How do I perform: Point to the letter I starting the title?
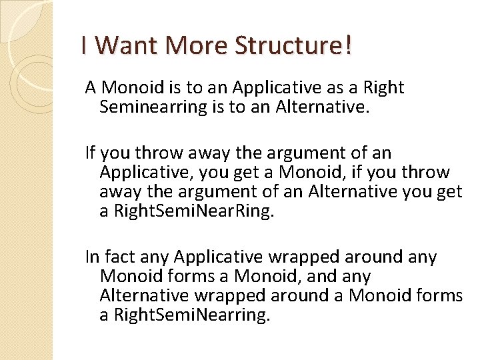pos(83,45)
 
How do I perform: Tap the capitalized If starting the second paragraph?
pos(91,153)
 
